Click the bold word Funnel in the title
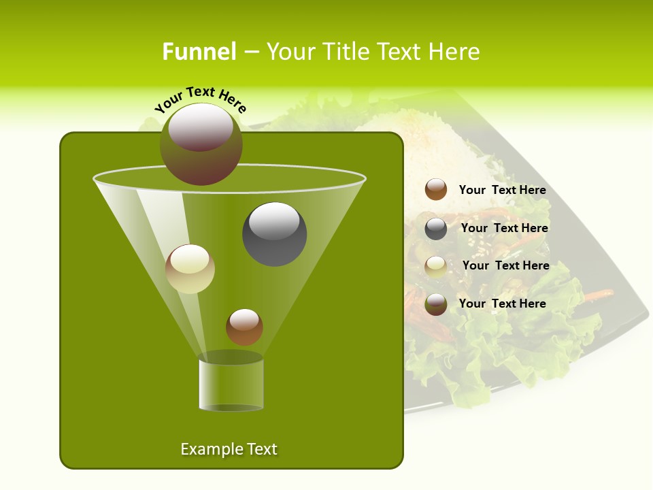(199, 52)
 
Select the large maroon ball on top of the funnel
(201, 144)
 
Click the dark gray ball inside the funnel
(274, 233)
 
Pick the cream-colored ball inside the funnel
(190, 269)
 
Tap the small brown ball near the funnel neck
(244, 327)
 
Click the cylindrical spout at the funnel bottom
(231, 384)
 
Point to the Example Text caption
(229, 449)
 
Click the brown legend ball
(436, 189)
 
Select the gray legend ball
(436, 229)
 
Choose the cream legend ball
(436, 267)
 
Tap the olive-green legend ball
(436, 304)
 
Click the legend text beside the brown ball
(502, 191)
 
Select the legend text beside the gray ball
(504, 229)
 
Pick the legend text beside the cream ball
(505, 265)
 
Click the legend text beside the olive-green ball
(502, 304)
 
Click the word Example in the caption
(205, 449)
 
